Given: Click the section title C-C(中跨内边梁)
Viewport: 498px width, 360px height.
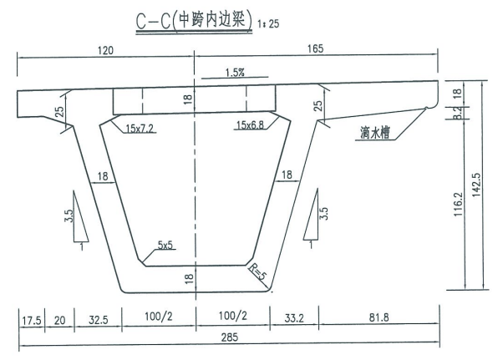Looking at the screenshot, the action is point(194,21).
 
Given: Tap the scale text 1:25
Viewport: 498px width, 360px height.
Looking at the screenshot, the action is point(268,23).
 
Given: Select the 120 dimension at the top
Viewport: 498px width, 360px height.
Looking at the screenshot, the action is point(105,50).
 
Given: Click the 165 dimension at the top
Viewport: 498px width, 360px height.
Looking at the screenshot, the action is point(315,48).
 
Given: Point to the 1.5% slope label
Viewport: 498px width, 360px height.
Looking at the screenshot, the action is point(235,73).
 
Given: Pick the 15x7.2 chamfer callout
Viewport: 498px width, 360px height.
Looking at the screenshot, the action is point(140,129).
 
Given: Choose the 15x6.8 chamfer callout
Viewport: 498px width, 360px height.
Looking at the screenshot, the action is point(250,124).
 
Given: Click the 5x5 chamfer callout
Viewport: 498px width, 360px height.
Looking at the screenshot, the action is point(165,245).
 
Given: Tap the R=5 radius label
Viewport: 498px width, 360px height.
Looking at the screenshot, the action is point(257,271).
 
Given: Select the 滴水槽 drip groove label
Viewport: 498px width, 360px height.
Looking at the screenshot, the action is point(375,133).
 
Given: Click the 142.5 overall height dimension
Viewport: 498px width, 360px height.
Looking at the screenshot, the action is point(476,185).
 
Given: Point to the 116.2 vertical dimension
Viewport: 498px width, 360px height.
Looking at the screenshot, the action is point(458,205).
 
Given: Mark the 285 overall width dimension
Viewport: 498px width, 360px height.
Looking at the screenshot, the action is point(230,337).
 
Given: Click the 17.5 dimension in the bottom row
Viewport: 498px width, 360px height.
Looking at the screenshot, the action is point(32,321).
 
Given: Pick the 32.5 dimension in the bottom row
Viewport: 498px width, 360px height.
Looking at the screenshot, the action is point(98,320).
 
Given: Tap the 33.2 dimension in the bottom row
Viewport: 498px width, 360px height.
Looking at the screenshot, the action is point(294,317).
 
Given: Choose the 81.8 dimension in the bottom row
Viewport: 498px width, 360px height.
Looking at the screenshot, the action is point(379,317).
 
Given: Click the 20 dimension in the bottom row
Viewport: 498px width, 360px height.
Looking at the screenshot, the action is point(59,320).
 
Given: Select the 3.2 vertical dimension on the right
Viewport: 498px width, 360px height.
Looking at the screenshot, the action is point(457,113).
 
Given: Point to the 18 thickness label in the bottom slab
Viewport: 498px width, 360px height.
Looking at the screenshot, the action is point(189,278).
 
